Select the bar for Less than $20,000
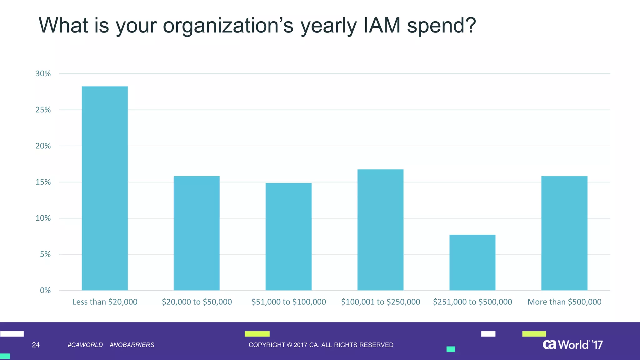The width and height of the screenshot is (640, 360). pos(105,188)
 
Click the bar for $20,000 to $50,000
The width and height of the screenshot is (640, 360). pos(197,233)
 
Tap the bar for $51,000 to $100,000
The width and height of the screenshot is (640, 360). pos(288,237)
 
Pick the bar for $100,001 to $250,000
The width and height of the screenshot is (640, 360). pos(380,230)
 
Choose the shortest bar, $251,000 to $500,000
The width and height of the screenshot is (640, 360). pos(472,262)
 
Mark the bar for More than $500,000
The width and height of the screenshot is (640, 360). pos(564,233)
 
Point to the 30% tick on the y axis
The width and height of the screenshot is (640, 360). pos(43,74)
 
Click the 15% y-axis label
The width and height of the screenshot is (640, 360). pos(43,182)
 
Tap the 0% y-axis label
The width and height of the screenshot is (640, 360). pos(45,291)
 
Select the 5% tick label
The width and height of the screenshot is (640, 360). pos(45,254)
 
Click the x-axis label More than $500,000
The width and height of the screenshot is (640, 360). pos(564,302)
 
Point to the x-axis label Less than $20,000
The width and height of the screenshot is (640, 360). pos(105,302)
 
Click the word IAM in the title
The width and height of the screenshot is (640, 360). pos(382,26)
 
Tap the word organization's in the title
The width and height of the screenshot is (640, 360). pos(228,26)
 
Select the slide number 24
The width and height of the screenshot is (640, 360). pos(36,345)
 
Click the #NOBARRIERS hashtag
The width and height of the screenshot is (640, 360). pos(132,345)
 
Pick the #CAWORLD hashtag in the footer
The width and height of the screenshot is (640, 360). pos(85,345)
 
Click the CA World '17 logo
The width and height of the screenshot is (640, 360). pos(572,345)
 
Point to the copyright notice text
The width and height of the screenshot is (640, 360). pos(321,345)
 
